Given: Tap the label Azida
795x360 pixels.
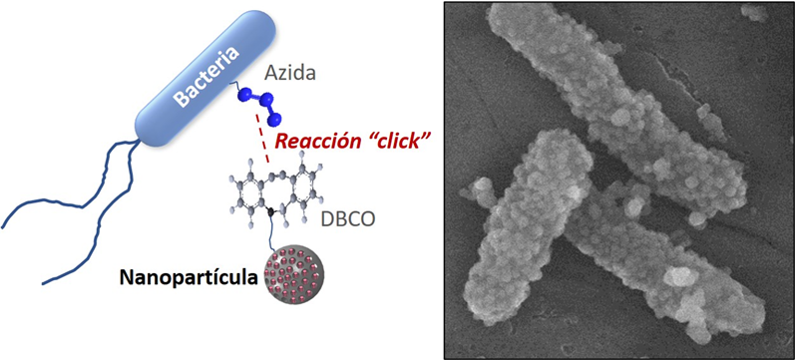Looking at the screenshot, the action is (x=290, y=74).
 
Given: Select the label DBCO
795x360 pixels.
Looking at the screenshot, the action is (x=348, y=218).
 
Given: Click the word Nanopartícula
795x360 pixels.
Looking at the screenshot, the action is (x=188, y=277).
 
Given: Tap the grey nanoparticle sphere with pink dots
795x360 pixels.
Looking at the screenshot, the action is (x=294, y=276).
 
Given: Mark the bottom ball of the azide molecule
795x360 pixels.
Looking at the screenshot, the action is (x=275, y=120).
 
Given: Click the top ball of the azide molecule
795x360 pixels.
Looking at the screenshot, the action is (x=245, y=94).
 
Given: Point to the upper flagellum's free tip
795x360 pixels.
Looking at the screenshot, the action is (x=2, y=227).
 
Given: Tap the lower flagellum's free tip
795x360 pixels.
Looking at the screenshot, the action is (x=43, y=283).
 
